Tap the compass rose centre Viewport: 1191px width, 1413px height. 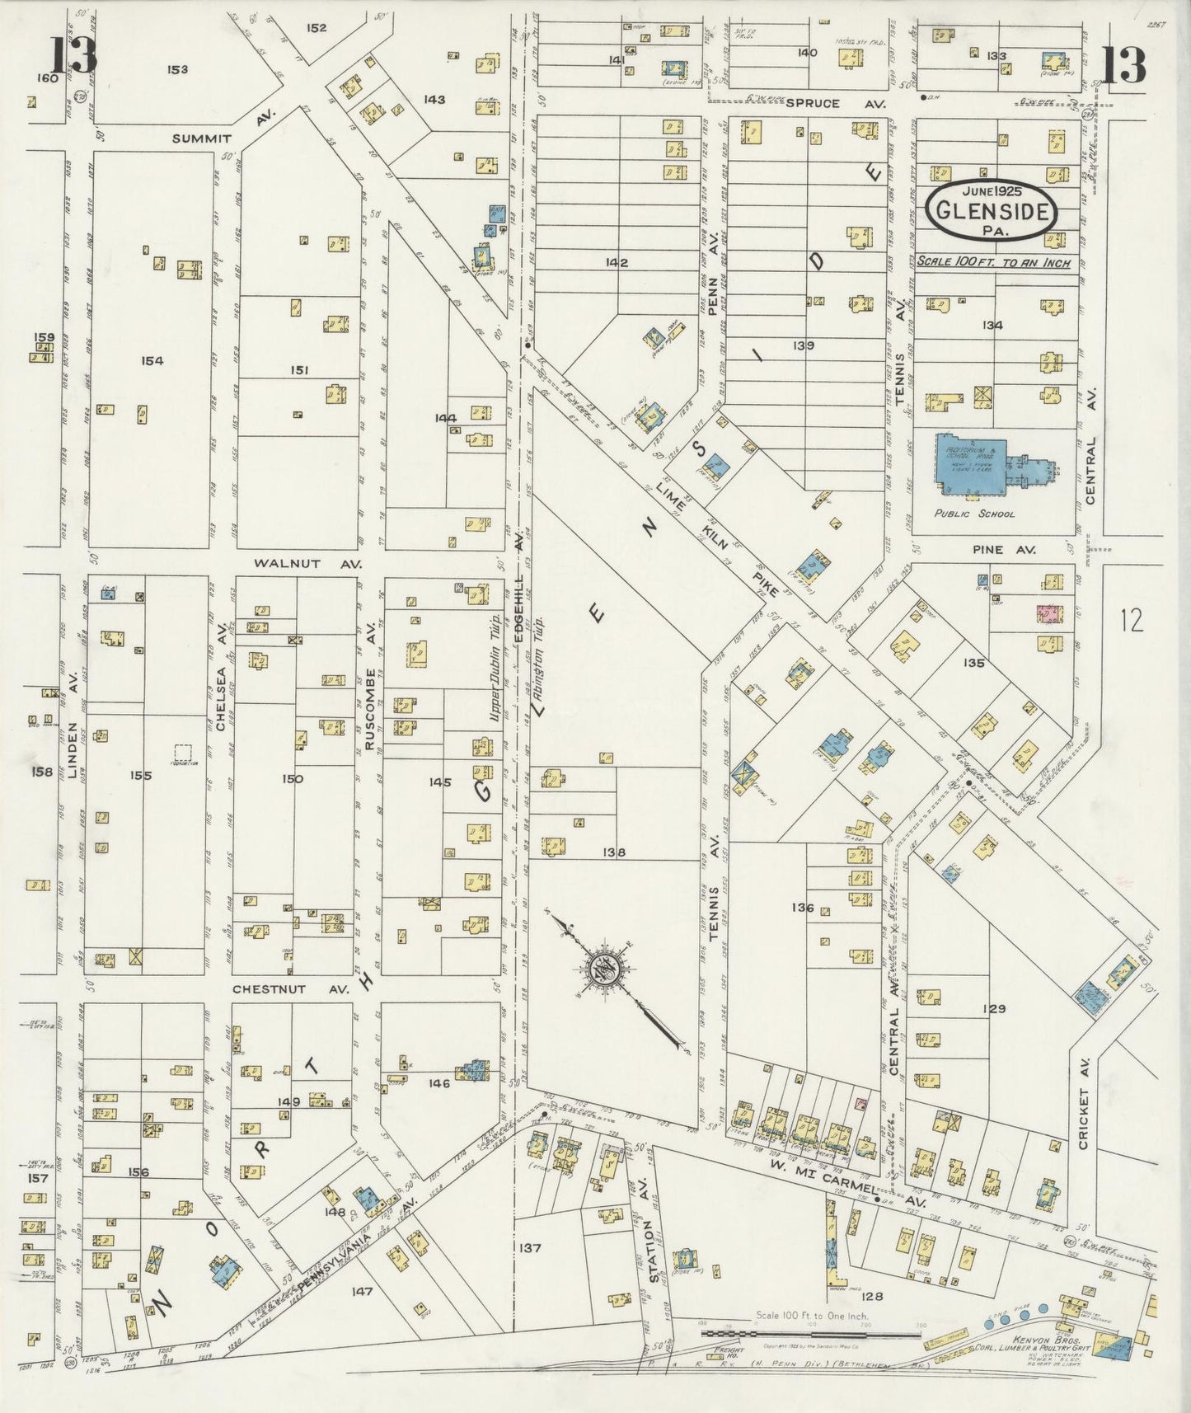[x=608, y=969]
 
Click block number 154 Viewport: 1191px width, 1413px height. [x=152, y=360]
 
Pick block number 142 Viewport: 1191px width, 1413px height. [x=616, y=262]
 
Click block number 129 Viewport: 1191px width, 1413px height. [x=995, y=1008]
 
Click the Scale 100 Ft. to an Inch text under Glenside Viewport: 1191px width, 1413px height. [x=992, y=263]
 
